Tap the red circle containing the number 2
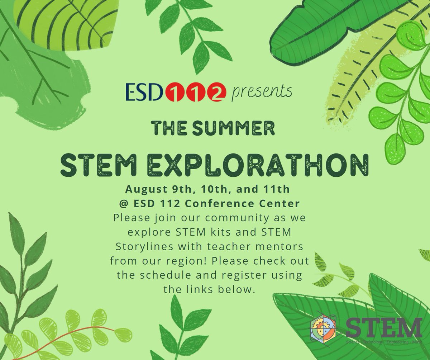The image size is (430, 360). click(x=219, y=92)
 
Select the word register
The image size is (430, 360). click(x=248, y=276)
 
